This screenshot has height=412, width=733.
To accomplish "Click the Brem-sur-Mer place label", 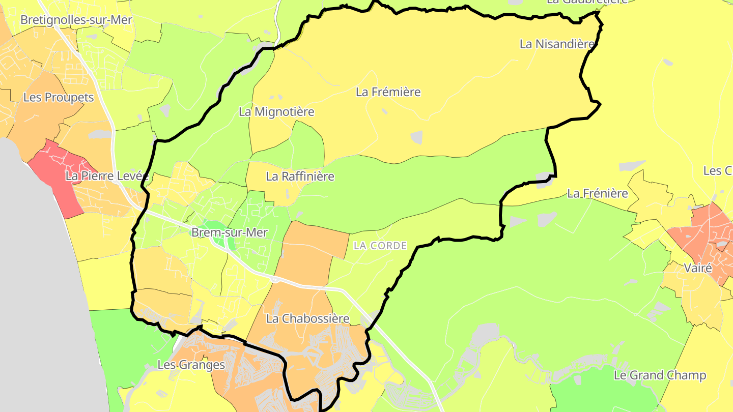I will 229,232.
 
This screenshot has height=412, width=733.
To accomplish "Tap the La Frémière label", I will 388,92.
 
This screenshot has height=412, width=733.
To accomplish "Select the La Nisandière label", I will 557,44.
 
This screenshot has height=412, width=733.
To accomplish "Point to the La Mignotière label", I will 276,111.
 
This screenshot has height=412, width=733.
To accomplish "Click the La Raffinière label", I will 300,176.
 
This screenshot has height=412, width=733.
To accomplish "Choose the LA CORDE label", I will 380,246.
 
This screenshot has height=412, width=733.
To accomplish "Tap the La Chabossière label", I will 308,319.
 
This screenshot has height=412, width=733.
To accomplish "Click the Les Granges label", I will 191,365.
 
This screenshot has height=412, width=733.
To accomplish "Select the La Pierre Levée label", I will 107,176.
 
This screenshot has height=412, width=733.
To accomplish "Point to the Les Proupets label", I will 59,97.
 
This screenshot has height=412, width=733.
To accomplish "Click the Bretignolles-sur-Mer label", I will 76,20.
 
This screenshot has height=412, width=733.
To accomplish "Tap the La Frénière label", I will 597,193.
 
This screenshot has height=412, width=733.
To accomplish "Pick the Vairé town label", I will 698,268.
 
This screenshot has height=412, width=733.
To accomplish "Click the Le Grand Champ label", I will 660,375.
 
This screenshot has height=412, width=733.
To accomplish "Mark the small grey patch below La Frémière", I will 416,137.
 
